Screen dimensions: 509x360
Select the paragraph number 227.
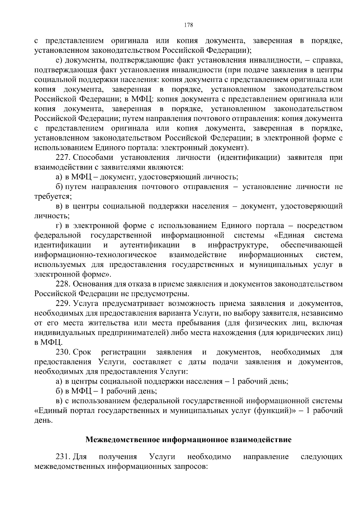tap(63, 158)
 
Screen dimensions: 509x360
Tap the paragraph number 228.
tap(63, 284)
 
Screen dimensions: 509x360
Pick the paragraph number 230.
tap(63, 352)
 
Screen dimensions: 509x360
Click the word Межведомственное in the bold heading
tap(123, 440)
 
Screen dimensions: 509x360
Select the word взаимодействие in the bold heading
tap(261, 440)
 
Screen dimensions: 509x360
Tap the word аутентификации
tap(150, 245)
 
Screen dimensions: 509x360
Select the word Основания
tap(93, 284)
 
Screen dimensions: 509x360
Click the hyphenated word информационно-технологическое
tap(95, 255)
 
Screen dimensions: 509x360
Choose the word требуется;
tap(49, 196)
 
